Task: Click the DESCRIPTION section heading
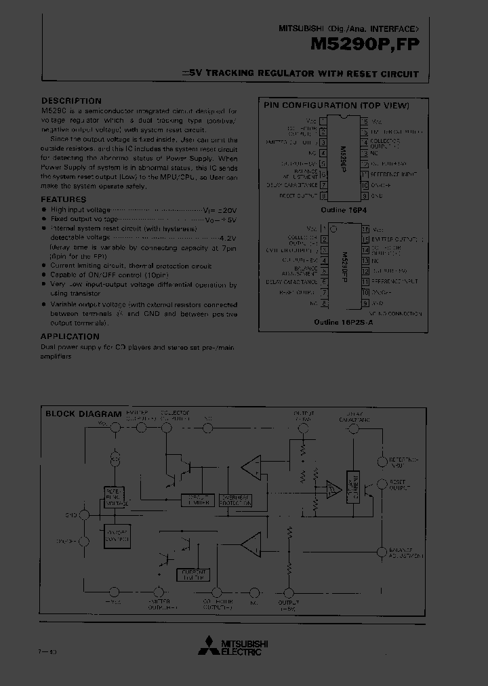click(x=71, y=101)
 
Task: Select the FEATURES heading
click(x=64, y=199)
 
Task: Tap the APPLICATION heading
click(x=70, y=336)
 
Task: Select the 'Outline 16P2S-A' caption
click(x=344, y=323)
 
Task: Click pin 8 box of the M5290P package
click(x=323, y=196)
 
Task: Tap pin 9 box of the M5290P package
click(x=365, y=196)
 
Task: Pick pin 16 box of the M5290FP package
click(x=365, y=229)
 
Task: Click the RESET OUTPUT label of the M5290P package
click(x=298, y=196)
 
